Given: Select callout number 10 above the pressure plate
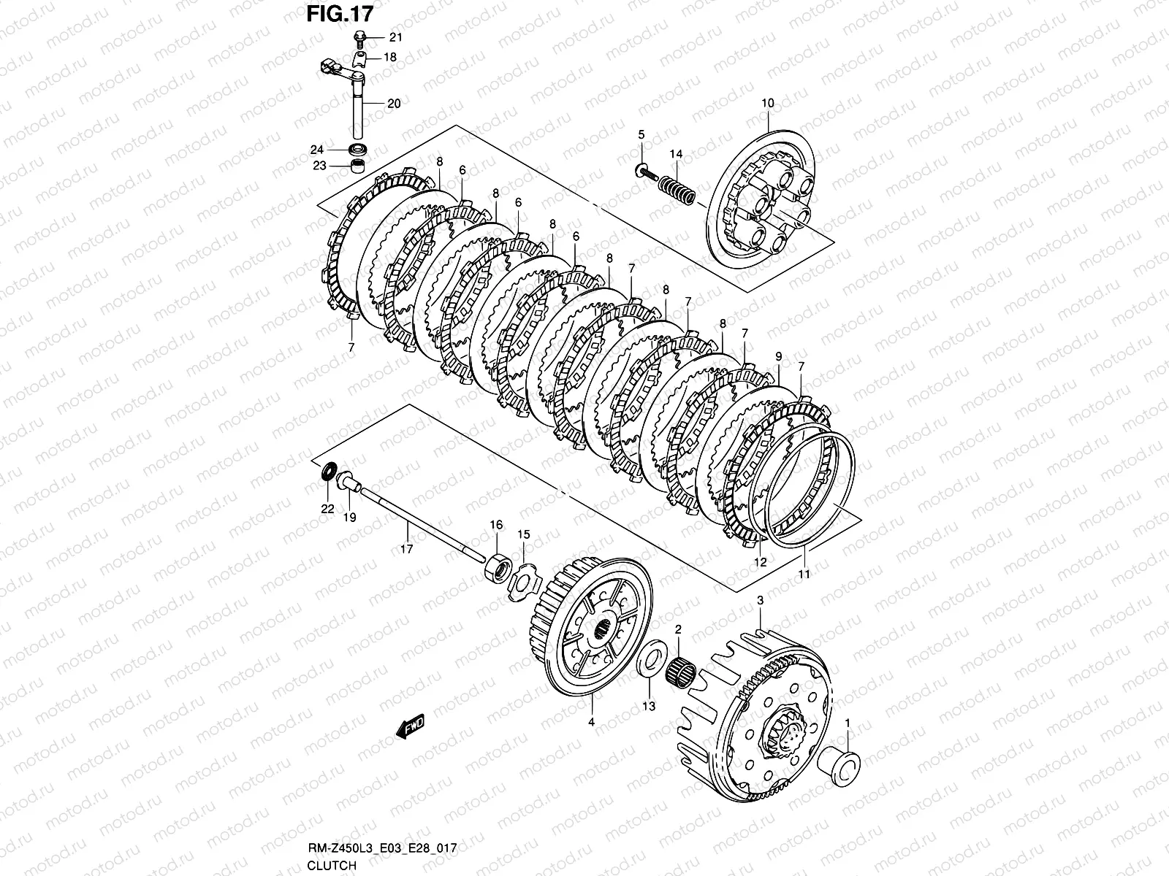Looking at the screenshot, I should pos(767,104).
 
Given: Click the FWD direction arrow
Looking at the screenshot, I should pos(409,727).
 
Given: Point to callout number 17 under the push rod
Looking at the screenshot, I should pos(406,549).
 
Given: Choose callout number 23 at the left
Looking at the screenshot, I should pos(320,166).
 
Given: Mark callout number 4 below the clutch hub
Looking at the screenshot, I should pos(592,722).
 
